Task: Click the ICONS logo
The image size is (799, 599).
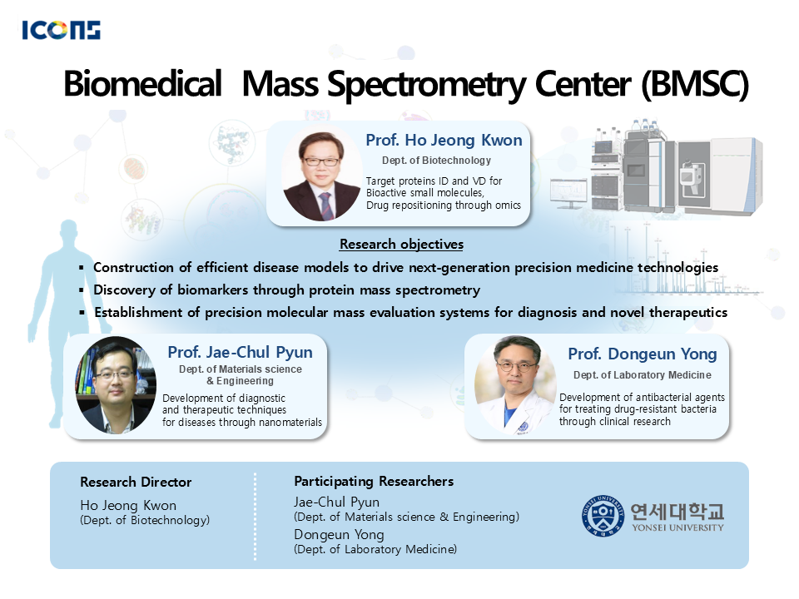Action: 61,30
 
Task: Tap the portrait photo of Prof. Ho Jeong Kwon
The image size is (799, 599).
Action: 321,175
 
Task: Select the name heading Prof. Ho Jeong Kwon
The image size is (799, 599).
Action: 444,140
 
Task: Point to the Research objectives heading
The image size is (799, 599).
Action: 401,245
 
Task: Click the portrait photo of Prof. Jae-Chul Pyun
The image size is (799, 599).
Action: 117,385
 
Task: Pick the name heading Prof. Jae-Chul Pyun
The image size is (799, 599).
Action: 240,353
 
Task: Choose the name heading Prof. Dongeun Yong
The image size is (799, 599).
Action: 643,354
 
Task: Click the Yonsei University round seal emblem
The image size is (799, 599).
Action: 603,516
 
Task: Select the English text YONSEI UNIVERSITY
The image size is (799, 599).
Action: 677,527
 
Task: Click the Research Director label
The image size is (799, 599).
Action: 136,482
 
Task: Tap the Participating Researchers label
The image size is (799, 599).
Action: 374,482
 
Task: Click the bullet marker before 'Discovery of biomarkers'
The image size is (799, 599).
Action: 82,290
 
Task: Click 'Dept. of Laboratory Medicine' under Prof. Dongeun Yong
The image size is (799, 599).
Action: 642,375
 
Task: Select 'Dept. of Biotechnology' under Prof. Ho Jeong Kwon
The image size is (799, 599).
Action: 436,161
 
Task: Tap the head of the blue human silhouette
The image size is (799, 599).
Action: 69,232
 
